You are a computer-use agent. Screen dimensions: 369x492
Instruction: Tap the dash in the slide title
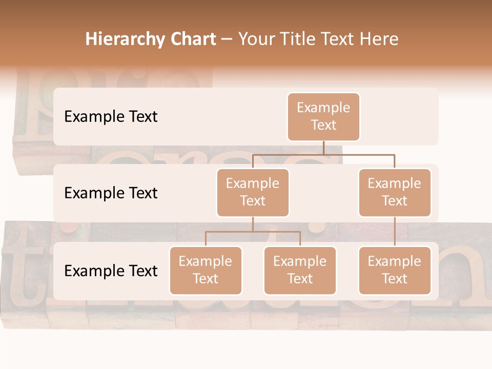[x=227, y=39]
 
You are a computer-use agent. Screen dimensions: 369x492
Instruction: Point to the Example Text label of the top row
[x=111, y=117]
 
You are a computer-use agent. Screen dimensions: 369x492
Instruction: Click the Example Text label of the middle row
[x=111, y=193]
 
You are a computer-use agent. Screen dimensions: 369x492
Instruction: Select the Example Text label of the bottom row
[x=111, y=271]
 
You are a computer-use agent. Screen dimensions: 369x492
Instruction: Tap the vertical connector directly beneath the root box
[x=323, y=148]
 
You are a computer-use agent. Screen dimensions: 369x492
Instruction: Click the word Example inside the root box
[x=323, y=108]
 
